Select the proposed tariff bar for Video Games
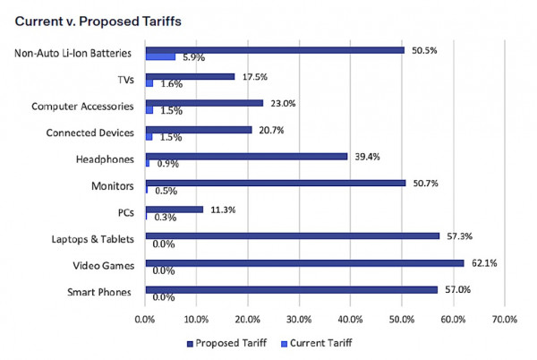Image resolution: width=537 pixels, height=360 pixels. (x=304, y=263)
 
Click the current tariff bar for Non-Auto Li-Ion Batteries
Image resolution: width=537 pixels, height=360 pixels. (x=160, y=57)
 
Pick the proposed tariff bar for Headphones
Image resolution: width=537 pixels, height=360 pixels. (x=246, y=157)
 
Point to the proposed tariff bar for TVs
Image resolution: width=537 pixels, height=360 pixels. (x=190, y=77)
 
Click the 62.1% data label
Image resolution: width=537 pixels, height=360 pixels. (x=482, y=263)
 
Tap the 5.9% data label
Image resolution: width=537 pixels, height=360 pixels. (x=194, y=58)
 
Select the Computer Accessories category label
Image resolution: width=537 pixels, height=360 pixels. (x=83, y=107)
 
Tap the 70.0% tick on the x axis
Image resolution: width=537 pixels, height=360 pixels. (x=505, y=318)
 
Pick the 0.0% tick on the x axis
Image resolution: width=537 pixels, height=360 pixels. (x=145, y=318)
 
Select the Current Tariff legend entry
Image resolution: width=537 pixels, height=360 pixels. (x=318, y=342)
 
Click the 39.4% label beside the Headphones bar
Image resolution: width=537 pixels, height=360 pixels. (x=369, y=157)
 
